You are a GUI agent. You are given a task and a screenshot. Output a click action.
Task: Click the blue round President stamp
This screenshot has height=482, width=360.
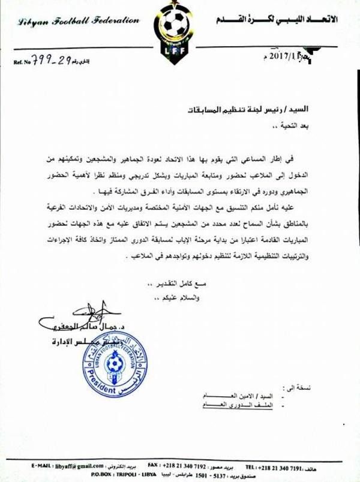tap(114, 365)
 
